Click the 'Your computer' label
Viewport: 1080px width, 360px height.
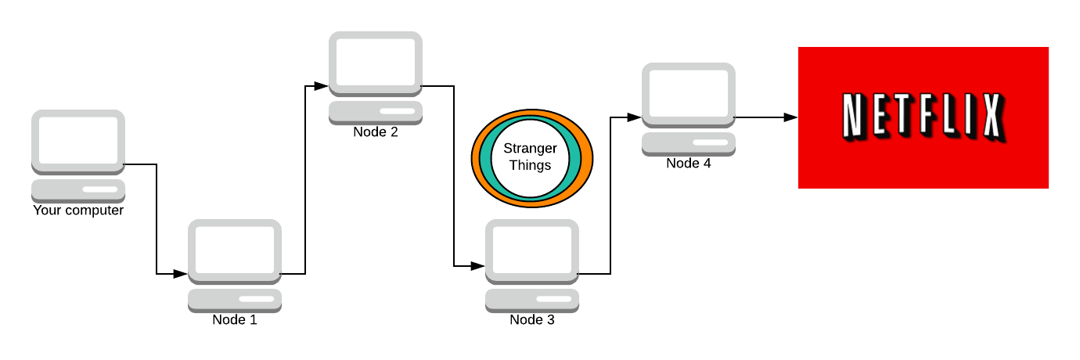click(x=78, y=211)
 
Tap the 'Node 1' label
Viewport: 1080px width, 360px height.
click(x=235, y=320)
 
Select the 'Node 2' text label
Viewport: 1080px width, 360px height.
click(x=376, y=131)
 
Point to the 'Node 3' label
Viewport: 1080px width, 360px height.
click(x=532, y=320)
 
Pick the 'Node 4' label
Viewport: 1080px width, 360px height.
click(x=689, y=164)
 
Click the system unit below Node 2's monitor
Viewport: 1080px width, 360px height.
click(x=376, y=112)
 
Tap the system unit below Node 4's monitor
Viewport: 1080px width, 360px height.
click(x=689, y=143)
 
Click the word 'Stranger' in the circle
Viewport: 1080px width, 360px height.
click(x=530, y=149)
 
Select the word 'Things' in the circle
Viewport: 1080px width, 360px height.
click(x=530, y=165)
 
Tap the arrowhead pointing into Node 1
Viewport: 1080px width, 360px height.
click(x=181, y=274)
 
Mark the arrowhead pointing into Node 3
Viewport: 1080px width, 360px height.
click(x=478, y=266)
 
